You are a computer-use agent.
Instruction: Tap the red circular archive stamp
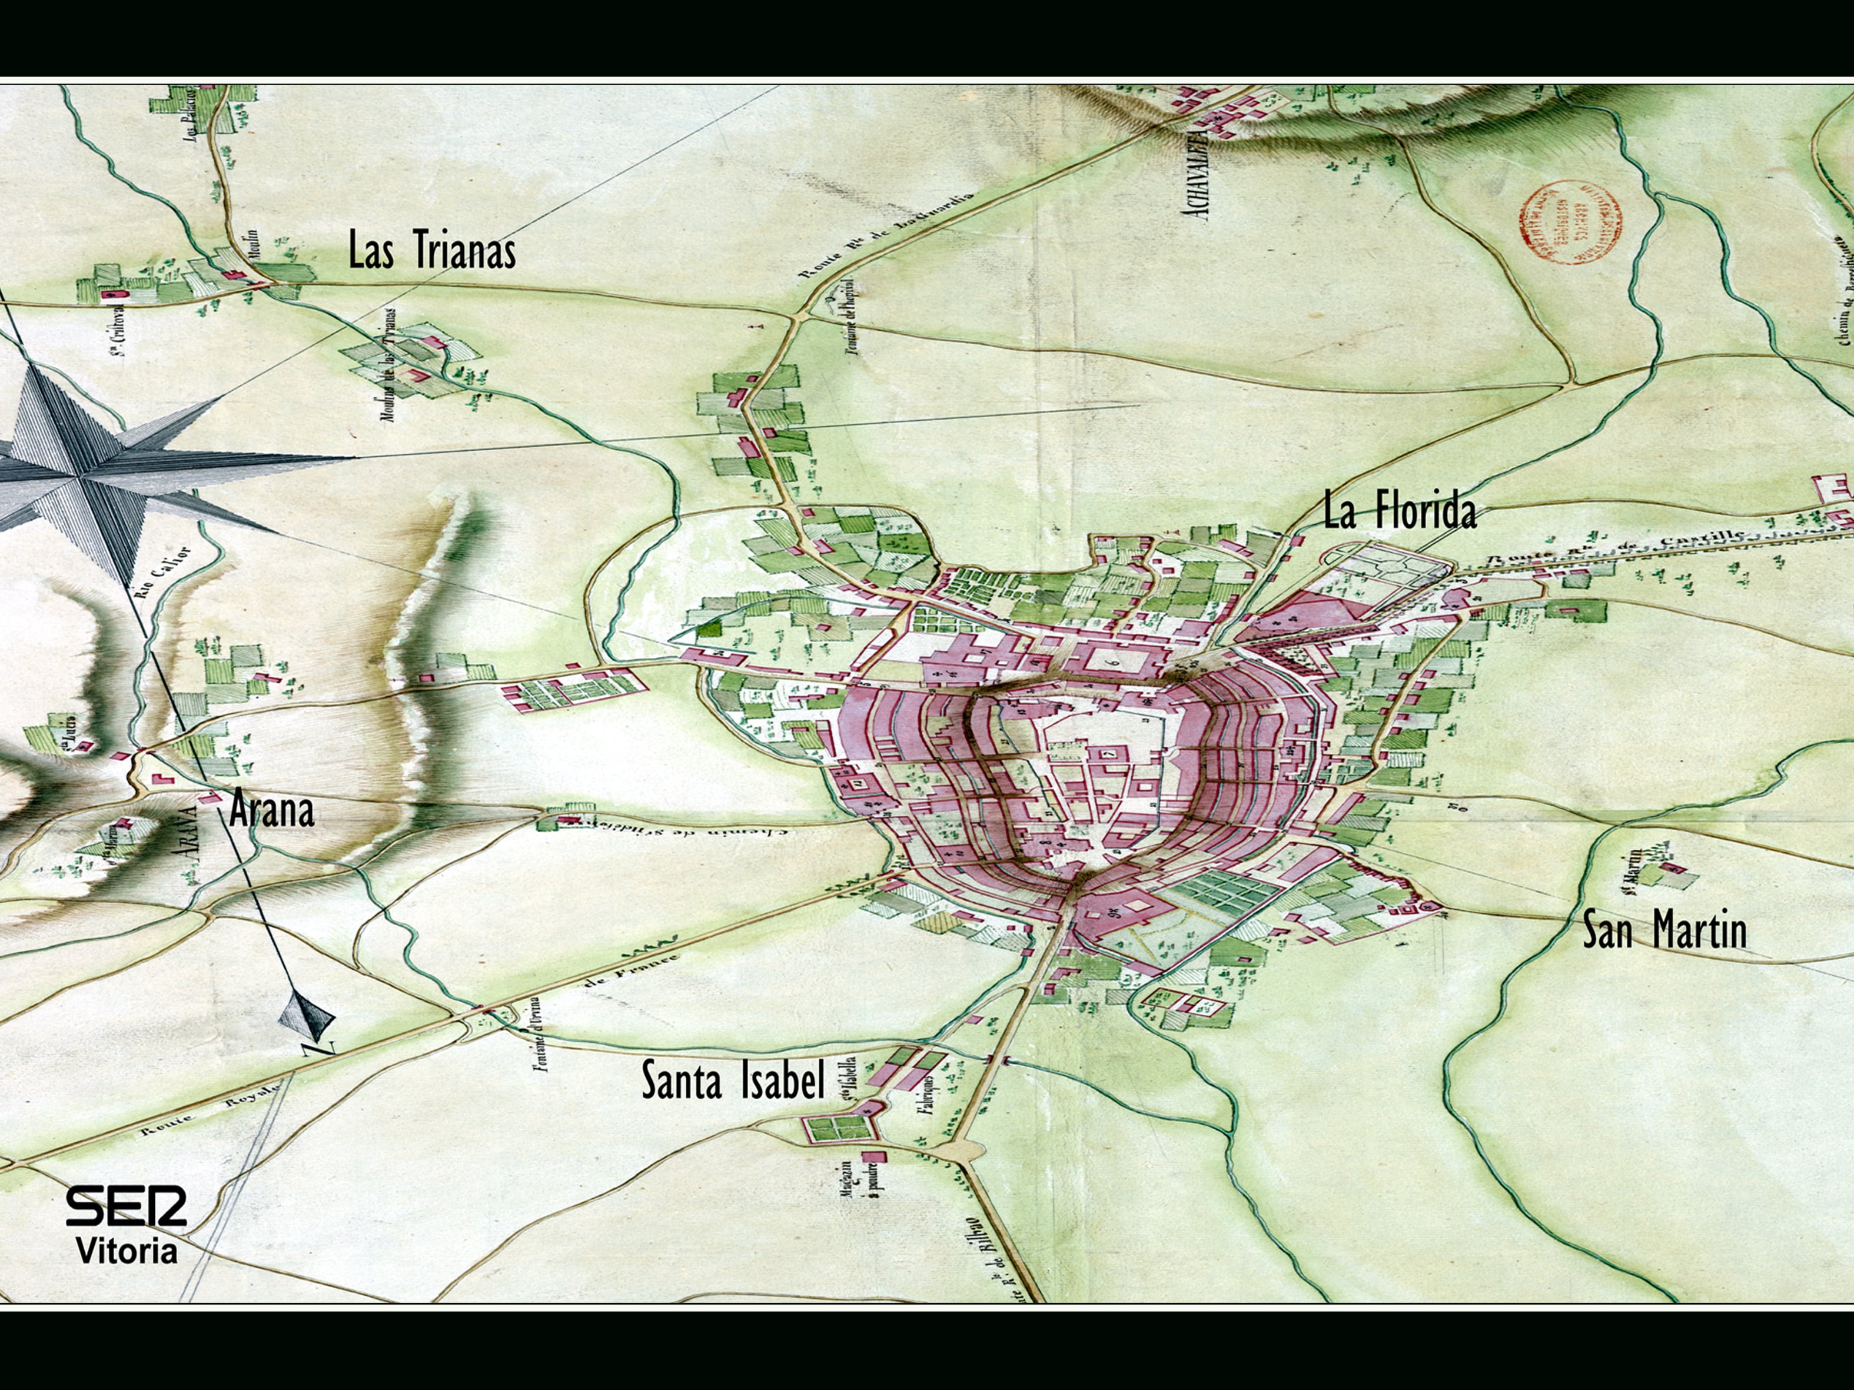pyautogui.click(x=1571, y=223)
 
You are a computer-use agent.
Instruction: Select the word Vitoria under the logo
pyautogui.click(x=127, y=1251)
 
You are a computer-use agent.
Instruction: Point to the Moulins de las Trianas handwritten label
pyautogui.click(x=389, y=368)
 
